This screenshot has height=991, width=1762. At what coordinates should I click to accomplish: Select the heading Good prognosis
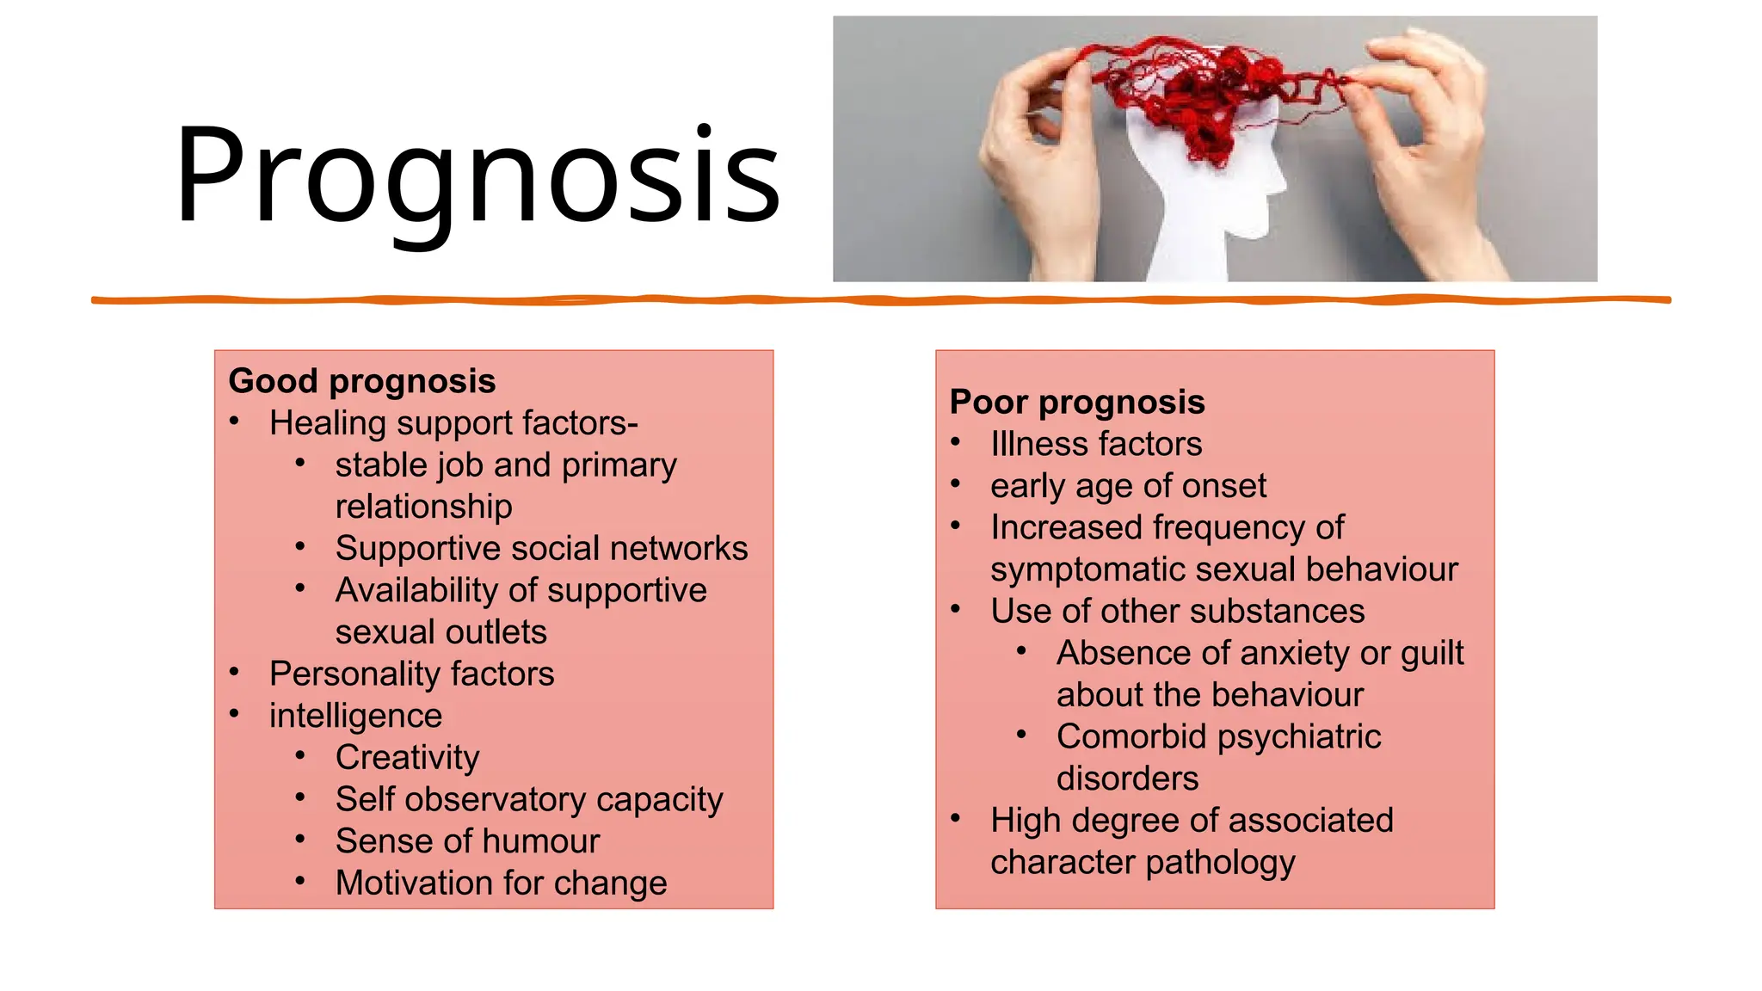(362, 381)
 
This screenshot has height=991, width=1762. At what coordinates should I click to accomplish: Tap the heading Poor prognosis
(1077, 402)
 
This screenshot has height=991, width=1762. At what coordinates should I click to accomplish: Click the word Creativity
(407, 758)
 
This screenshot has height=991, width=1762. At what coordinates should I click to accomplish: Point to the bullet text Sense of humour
(467, 841)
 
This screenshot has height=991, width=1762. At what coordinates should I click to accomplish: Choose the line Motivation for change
(501, 883)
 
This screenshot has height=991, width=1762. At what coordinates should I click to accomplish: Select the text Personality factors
(411, 674)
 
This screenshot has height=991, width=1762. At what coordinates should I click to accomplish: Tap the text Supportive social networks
(541, 549)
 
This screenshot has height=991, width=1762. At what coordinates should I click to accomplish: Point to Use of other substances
(1177, 612)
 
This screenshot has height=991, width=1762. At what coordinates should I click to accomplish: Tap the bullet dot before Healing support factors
(234, 421)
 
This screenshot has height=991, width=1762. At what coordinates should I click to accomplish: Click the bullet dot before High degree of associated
(955, 818)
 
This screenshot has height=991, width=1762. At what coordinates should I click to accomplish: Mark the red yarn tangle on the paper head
(1204, 95)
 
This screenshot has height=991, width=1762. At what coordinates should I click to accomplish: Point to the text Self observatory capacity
(529, 800)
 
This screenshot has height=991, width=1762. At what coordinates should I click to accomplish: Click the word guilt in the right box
(1432, 654)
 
